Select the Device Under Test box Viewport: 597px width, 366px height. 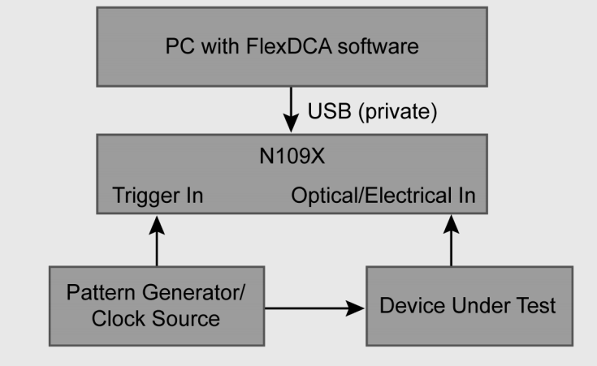click(x=467, y=305)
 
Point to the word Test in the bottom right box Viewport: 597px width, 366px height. click(x=538, y=306)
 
